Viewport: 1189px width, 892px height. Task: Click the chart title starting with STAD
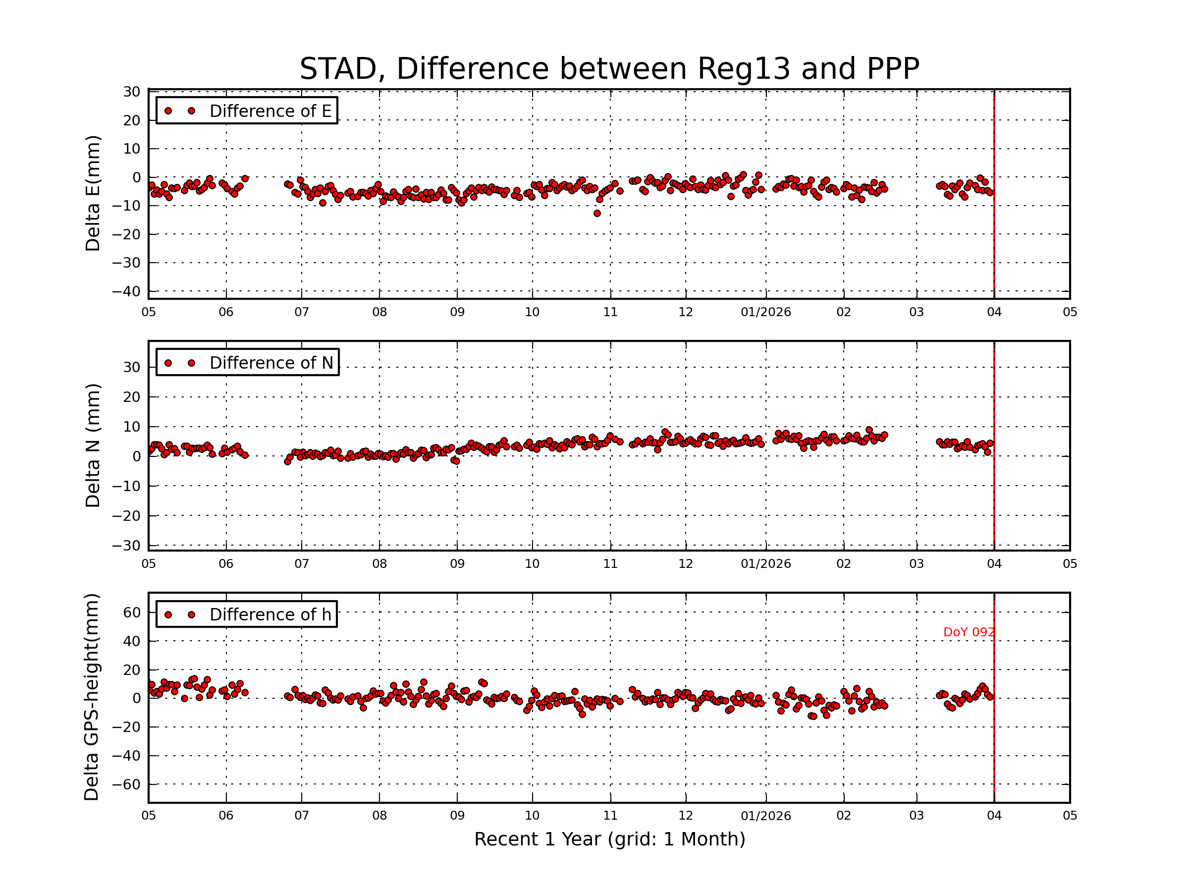tap(609, 69)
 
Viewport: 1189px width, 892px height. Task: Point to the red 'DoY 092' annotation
tap(969, 632)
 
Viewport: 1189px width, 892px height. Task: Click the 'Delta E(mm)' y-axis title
tap(93, 194)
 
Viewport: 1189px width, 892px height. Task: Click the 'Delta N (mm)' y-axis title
tap(93, 445)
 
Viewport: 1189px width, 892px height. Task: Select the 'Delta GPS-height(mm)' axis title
tap(91, 697)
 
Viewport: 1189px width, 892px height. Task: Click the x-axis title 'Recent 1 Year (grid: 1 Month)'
tap(609, 839)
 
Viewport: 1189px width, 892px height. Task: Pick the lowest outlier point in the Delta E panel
tap(596, 214)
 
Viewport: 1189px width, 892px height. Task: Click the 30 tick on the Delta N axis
tap(132, 368)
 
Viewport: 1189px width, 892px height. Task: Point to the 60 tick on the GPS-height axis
tap(132, 613)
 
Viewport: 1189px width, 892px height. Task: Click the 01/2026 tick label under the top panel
tap(765, 312)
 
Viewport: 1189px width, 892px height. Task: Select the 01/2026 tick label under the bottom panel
tap(765, 816)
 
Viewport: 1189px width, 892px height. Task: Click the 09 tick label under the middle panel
tap(457, 564)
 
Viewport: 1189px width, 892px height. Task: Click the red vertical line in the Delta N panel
tap(994, 484)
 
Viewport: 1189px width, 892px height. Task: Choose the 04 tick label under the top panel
tap(994, 312)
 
